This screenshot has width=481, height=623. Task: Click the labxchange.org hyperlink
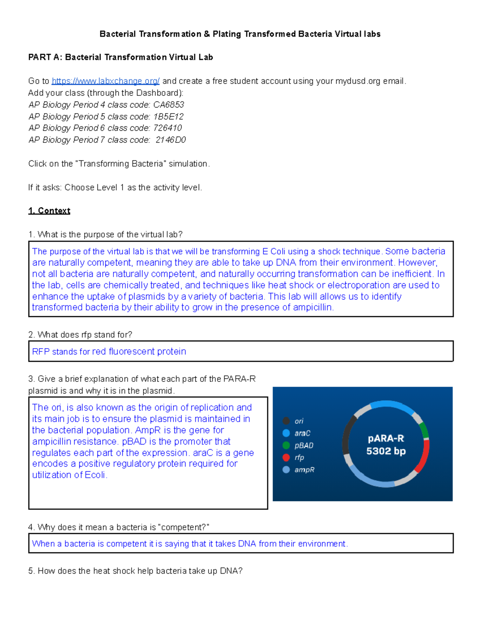105,81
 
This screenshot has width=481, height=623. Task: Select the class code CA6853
168,105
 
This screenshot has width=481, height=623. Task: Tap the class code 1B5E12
168,117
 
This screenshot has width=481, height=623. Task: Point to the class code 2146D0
171,140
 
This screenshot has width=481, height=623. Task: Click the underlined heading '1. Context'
49,211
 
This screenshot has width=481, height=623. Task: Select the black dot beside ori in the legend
286,421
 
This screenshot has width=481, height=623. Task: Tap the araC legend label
302,433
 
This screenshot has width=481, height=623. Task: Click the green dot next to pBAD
286,445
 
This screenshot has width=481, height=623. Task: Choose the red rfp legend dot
286,457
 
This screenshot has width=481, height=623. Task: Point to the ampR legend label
304,470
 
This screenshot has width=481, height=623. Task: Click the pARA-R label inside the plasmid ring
386,438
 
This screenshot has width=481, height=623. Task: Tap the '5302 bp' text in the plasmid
386,451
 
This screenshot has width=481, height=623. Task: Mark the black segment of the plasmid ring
347,435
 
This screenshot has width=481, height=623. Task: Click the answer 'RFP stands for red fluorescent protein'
109,352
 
